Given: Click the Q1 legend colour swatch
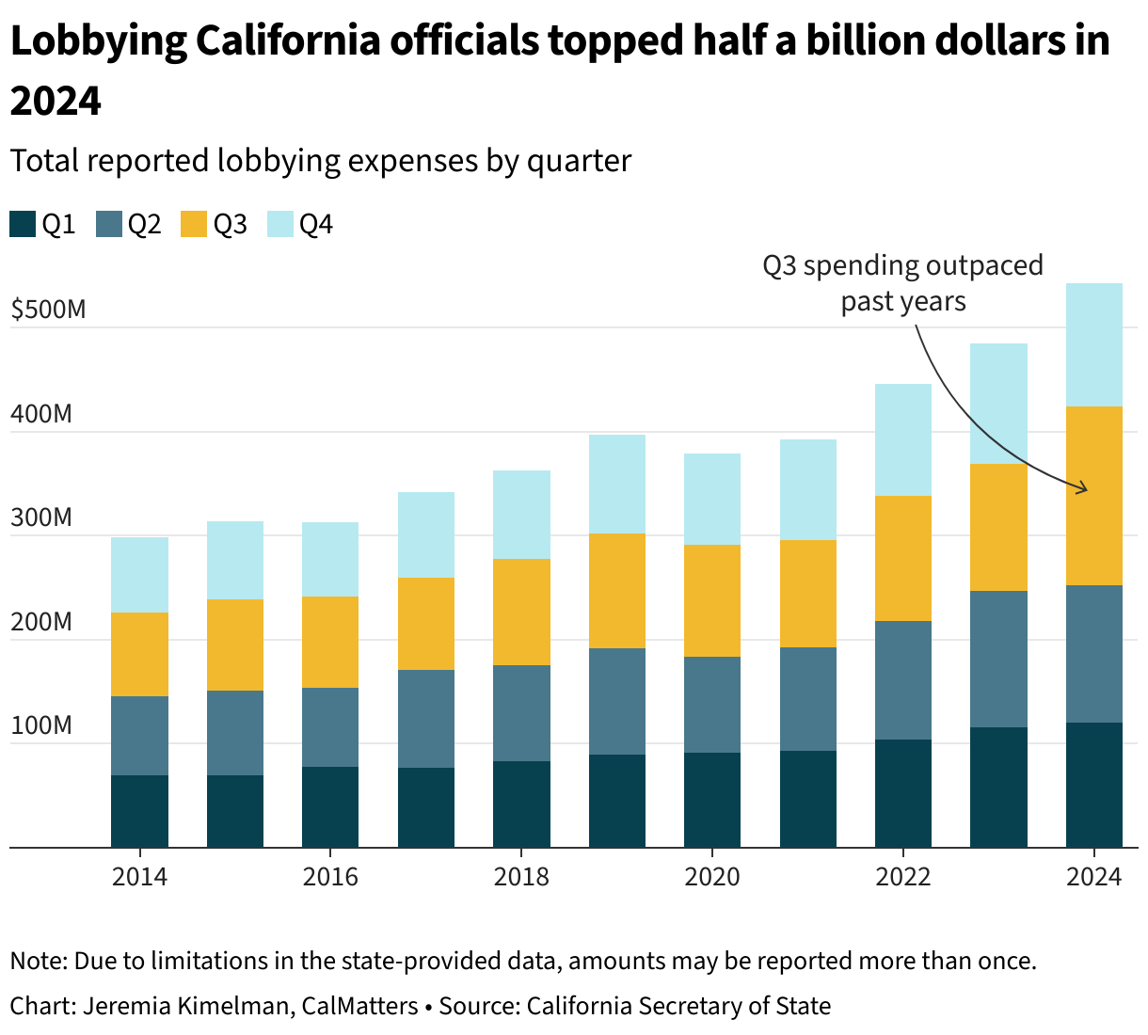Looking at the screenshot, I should coord(23,225).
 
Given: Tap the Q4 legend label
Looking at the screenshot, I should coord(315,225).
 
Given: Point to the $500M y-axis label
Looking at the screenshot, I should coord(48,310).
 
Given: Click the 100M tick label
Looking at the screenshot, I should coord(41,726).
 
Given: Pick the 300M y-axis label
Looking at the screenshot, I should coord(41,518).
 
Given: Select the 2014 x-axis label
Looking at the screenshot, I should coord(139,877).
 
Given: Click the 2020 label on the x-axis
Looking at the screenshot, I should coord(712,877).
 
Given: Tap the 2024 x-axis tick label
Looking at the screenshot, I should coord(1093,877).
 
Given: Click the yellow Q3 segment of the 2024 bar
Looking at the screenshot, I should coord(1093,496).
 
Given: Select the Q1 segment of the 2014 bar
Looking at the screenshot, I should coord(139,811).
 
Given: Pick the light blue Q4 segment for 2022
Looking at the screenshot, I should coord(903,439).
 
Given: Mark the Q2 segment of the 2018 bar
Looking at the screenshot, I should coord(521,713).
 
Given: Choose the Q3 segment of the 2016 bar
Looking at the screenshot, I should coord(330,642).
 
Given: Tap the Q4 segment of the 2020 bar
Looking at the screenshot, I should coord(712,499).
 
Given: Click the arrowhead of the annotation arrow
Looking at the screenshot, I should coord(1085,488).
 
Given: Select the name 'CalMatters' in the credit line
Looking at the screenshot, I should coord(359,1006).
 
